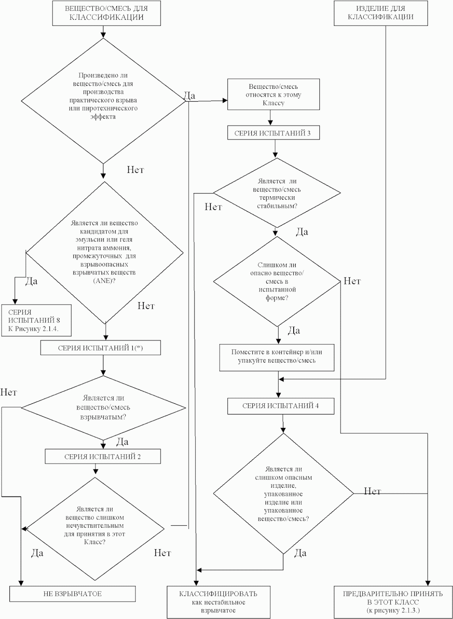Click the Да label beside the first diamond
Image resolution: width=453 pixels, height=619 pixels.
[x=189, y=96]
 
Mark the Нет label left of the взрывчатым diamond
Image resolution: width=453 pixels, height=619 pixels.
[x=9, y=392]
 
